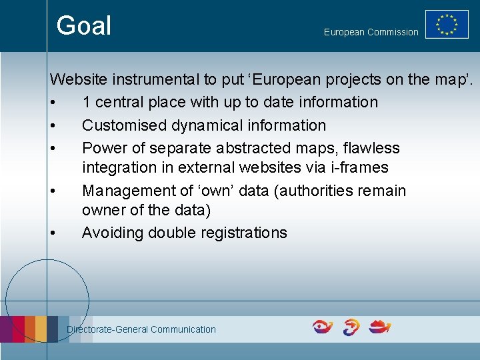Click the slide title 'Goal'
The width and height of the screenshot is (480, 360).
click(83, 26)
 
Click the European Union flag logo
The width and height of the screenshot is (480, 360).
click(447, 25)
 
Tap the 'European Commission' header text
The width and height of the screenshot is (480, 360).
click(371, 32)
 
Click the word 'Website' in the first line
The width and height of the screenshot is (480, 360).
click(79, 80)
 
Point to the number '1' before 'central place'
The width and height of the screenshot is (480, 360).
click(87, 103)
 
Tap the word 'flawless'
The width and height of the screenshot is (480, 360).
click(371, 148)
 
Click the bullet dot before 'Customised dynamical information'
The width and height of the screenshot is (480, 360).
click(52, 126)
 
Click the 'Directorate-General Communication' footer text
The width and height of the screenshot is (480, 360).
click(141, 329)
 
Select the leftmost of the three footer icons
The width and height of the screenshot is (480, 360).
click(323, 327)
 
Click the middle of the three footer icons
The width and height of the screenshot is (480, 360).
click(351, 327)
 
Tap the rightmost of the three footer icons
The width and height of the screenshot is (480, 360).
click(380, 327)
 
